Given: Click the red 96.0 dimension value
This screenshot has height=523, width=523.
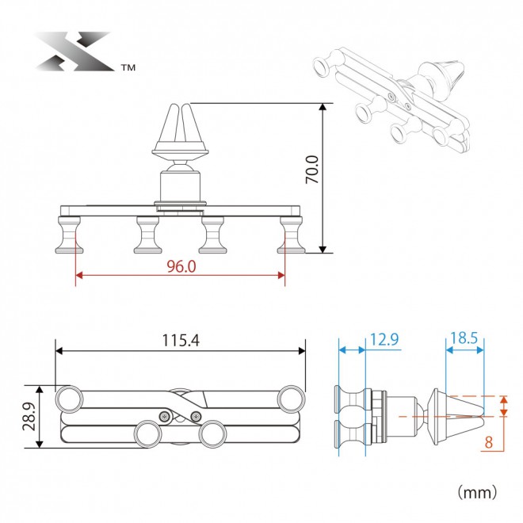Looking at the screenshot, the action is [181, 266].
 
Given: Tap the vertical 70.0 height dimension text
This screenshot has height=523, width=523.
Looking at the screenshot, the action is [312, 169].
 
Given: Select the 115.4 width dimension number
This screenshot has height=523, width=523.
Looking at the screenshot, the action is [181, 340].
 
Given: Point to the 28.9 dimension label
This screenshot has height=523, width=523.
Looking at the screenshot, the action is [29, 416].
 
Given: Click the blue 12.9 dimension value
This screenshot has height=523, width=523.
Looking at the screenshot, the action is [384, 339].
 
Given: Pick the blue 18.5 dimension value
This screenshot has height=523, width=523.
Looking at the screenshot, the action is [464, 338].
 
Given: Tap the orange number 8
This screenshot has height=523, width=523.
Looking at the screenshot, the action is [488, 443].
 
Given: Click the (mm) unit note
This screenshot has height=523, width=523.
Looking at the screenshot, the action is [477, 492].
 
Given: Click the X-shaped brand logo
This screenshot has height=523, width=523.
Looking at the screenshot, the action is [74, 51].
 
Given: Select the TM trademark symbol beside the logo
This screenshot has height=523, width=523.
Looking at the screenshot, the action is [128, 67].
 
